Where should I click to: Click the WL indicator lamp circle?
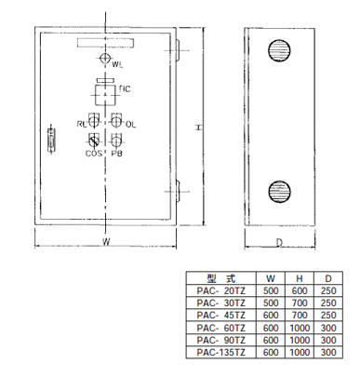[105, 58]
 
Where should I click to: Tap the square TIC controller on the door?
[106, 95]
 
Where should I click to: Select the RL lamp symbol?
[94, 120]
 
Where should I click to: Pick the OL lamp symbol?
[116, 120]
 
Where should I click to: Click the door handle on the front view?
[51, 140]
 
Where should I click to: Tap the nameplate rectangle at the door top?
[106, 43]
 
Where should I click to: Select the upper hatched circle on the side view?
[279, 50]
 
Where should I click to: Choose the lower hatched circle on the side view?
[279, 192]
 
